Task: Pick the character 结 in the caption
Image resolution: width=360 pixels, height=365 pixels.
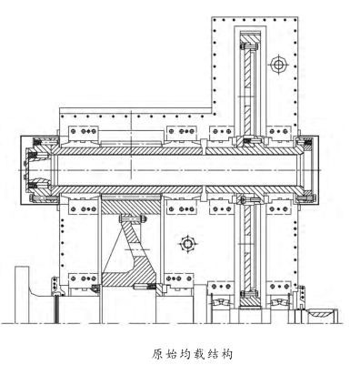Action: [x=209, y=355]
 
